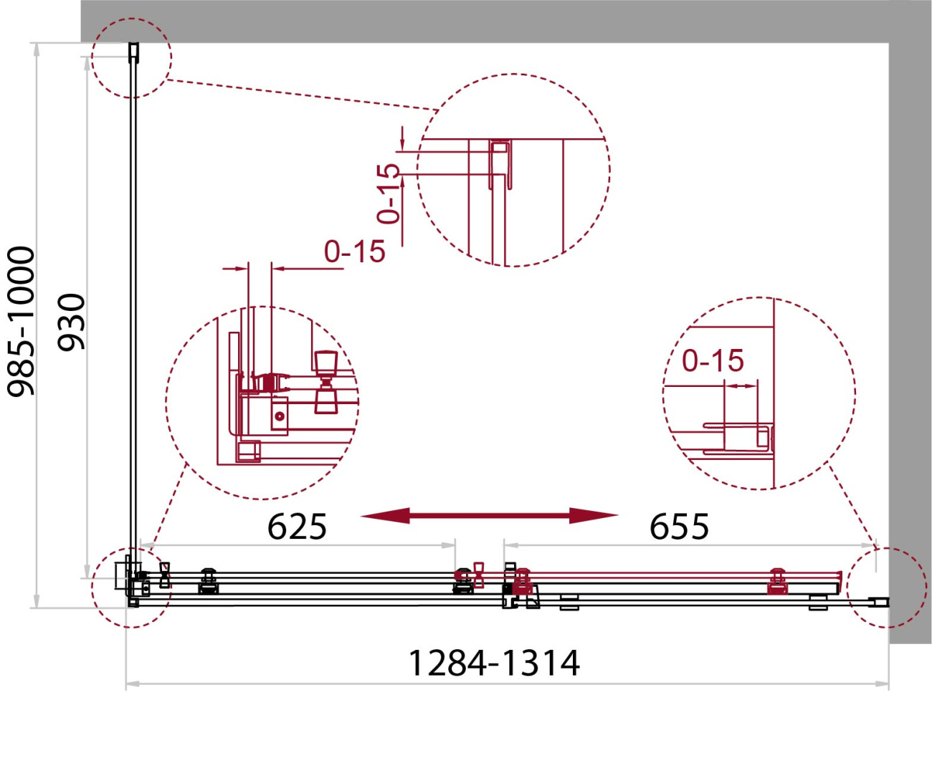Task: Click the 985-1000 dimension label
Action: coord(21,321)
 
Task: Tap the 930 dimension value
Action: coord(72,322)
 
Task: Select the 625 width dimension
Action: coord(297,527)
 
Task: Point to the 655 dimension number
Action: coord(679,527)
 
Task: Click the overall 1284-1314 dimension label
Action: coord(494,663)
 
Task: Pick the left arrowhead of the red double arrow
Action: coord(385,516)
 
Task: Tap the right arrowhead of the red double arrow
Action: coord(594,516)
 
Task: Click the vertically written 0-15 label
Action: coord(389,193)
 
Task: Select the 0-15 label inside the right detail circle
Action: coord(713,360)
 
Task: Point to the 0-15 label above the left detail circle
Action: coord(354,251)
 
